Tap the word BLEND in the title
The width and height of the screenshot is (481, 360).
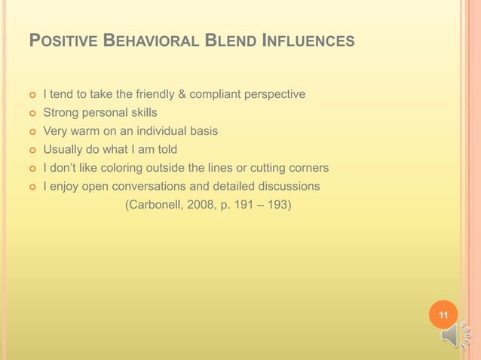[231, 40]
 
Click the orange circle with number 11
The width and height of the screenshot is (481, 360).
[443, 314]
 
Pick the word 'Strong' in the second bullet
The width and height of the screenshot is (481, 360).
[61, 112]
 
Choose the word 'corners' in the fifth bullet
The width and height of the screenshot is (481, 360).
[307, 167]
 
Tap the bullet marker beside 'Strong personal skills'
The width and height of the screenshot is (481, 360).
[32, 113]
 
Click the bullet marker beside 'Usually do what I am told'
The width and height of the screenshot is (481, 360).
[32, 149]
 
